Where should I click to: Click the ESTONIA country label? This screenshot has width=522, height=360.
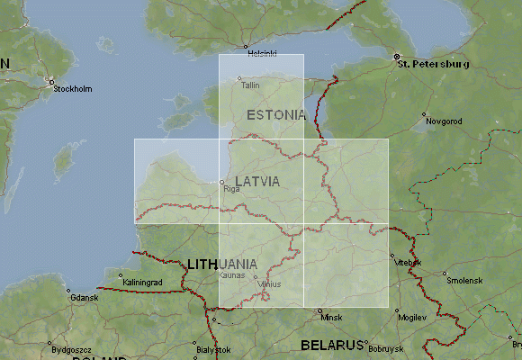276,115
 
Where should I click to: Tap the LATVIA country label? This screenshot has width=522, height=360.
257,182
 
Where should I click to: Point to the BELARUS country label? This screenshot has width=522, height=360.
330,345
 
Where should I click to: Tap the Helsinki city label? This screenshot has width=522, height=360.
262,54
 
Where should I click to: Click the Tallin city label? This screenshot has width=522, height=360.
249,85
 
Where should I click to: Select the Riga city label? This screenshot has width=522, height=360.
231,190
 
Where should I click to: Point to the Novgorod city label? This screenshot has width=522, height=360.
444,121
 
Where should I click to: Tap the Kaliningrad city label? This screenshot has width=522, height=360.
142,283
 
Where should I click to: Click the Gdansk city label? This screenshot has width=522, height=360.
84,298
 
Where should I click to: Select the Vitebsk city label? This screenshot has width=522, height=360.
408,262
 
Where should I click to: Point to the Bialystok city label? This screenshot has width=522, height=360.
214,349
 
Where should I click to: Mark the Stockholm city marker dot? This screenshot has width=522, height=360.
52,80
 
